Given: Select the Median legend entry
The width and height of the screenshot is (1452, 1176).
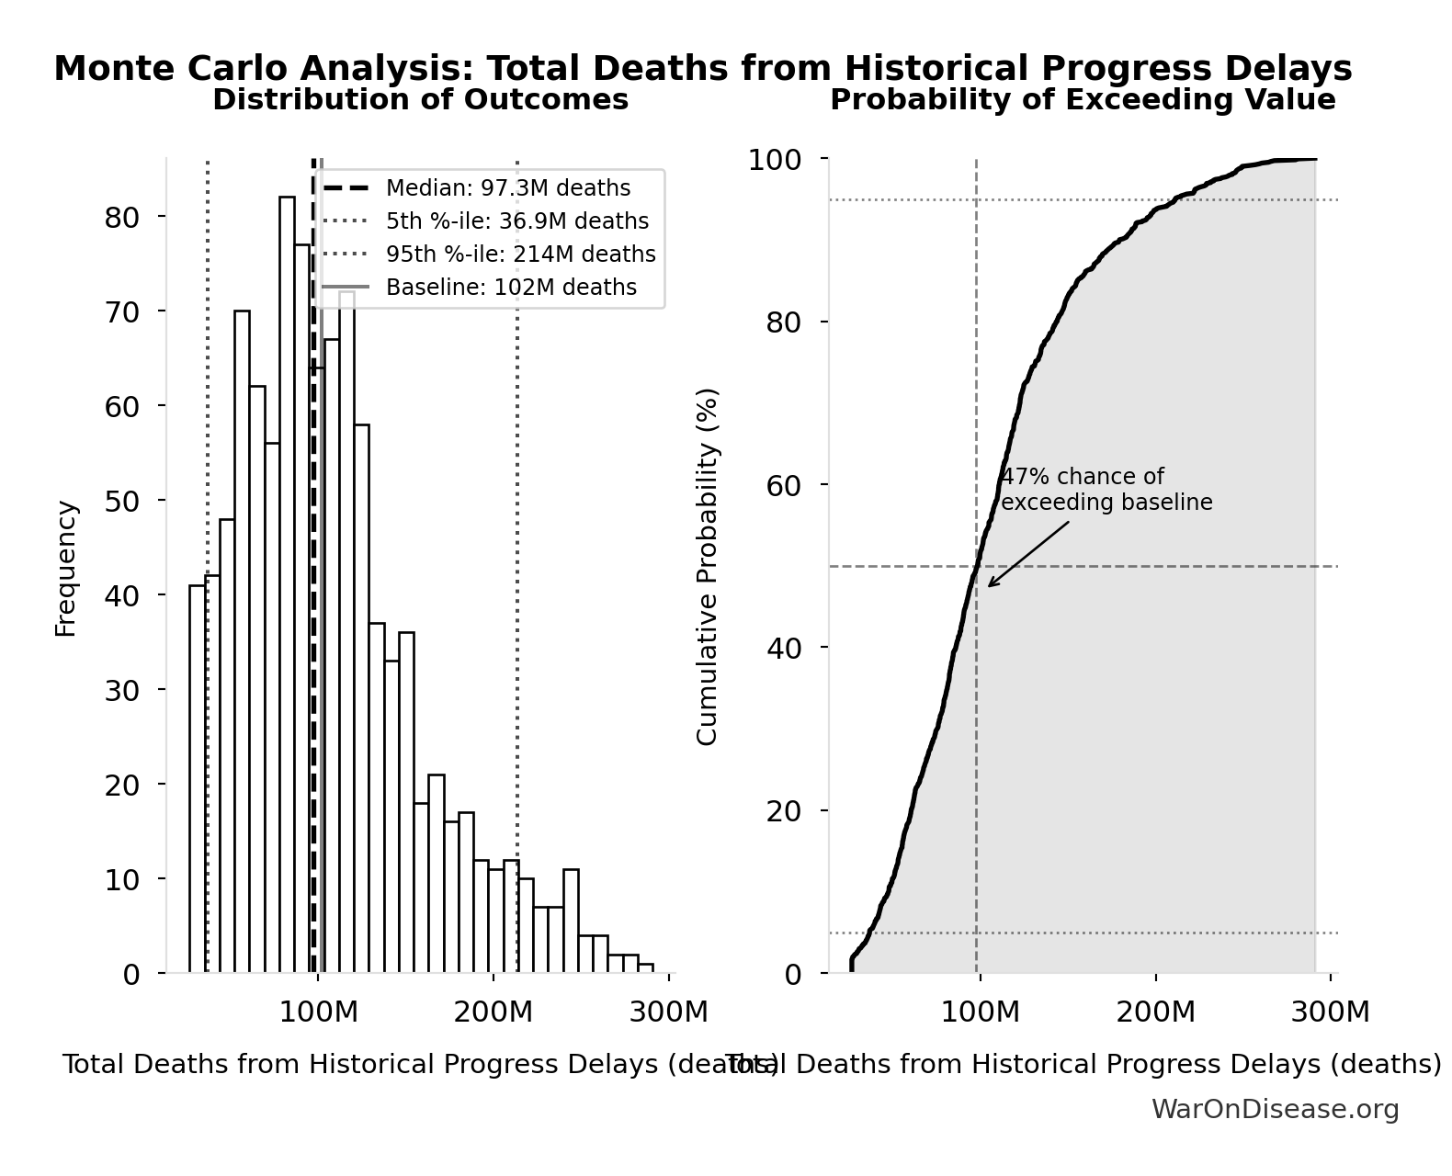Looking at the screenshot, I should click(507, 188).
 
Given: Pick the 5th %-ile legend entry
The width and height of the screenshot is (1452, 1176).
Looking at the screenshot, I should click(516, 221).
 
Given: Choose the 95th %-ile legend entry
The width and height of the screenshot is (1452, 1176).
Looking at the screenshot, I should click(520, 254).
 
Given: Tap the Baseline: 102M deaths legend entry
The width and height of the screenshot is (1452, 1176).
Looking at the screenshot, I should click(511, 288).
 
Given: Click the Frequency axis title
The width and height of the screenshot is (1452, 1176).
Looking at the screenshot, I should click(66, 568).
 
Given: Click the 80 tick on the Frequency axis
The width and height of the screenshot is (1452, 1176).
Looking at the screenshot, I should click(121, 217).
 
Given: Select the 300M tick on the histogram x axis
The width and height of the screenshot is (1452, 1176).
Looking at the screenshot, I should click(668, 1012).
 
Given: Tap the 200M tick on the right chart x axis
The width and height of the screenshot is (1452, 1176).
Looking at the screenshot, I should click(1155, 1012).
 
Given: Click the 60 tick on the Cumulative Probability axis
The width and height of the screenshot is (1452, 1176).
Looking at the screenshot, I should click(783, 485).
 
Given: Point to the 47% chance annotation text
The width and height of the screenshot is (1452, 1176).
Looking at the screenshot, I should click(1106, 490).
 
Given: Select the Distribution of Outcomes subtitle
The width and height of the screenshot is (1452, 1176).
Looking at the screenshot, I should click(421, 100).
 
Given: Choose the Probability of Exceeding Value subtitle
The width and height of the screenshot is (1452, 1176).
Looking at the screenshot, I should click(1083, 100).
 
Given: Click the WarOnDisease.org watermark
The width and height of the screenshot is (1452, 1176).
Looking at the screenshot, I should click(1275, 1110).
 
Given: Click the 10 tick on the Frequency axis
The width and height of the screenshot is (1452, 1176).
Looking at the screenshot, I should click(121, 880).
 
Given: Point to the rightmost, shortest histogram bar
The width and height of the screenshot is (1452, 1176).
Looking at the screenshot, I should click(646, 968).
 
